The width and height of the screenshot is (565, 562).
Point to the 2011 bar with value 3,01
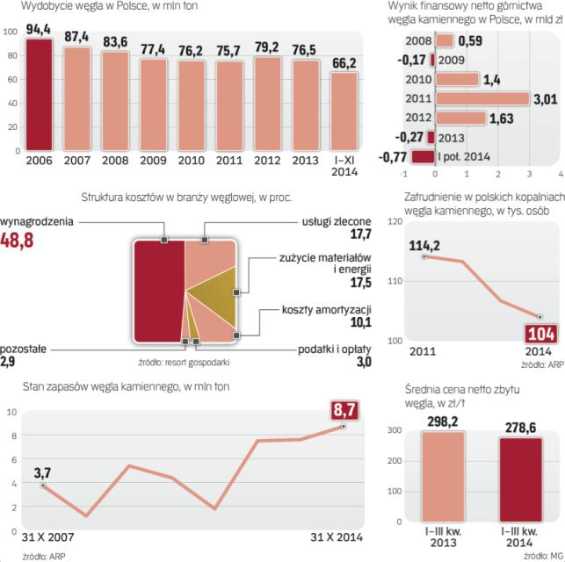tap(482, 98)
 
